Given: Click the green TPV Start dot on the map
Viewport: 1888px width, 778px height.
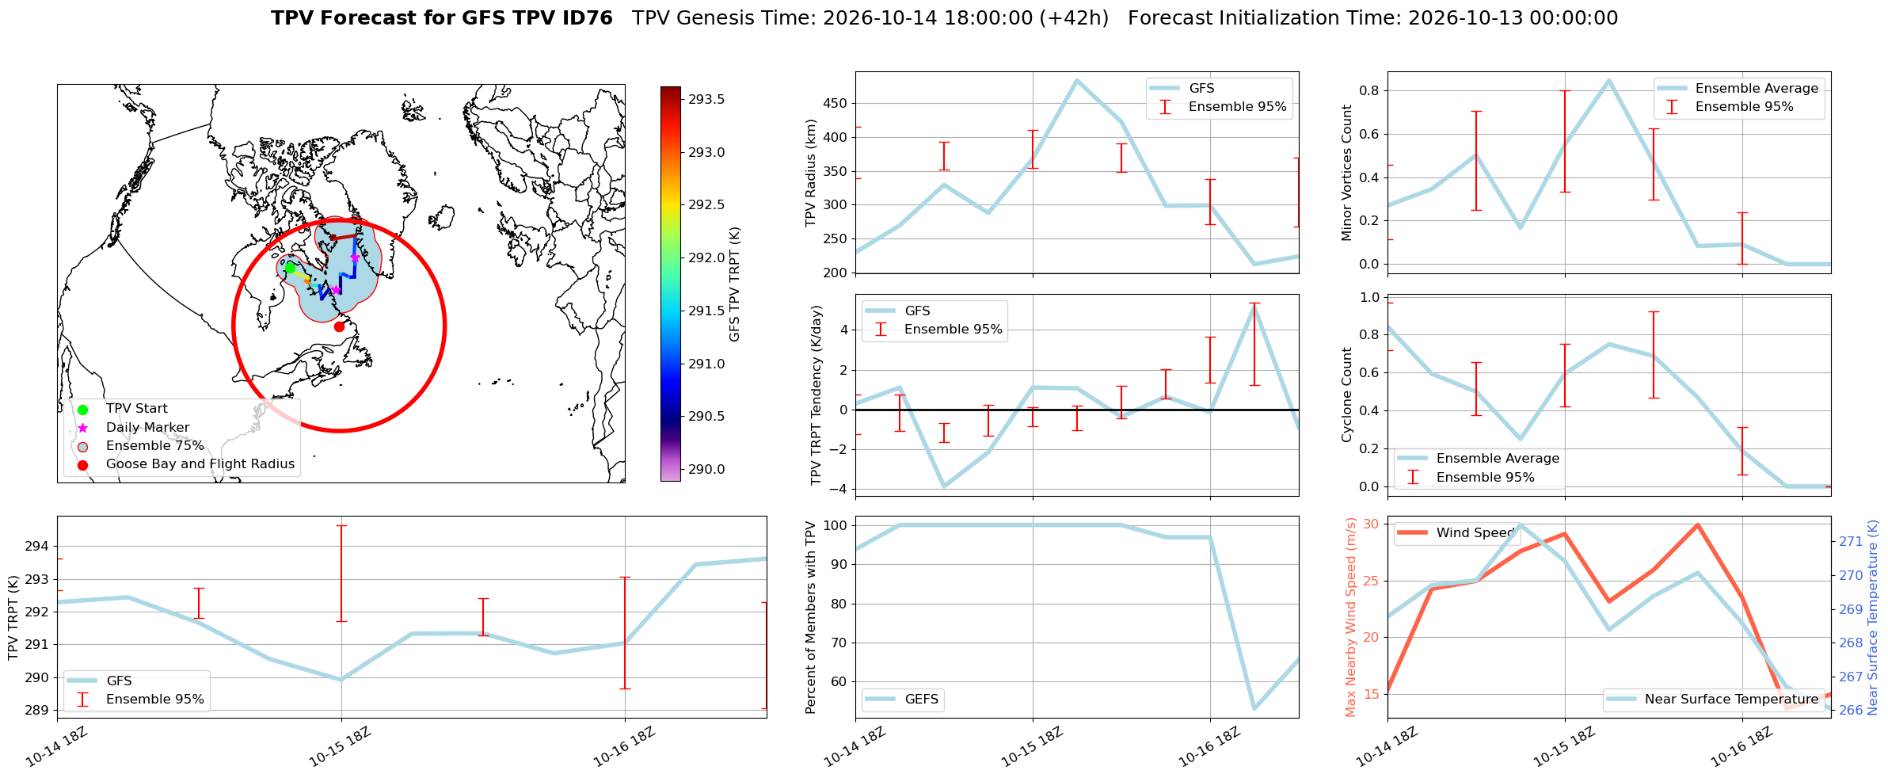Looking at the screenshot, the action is (x=290, y=268).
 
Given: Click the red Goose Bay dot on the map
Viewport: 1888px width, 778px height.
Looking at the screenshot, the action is (x=339, y=326).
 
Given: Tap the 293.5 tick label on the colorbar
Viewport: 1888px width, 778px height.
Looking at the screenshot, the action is (x=706, y=100).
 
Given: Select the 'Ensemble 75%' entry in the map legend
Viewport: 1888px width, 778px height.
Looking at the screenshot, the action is (x=155, y=446).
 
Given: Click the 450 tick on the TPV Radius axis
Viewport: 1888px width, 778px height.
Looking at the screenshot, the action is (x=836, y=104).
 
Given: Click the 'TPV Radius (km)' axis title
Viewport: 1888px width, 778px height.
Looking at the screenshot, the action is (x=811, y=173).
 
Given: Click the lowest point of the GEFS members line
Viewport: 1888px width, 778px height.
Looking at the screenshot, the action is (x=1254, y=708).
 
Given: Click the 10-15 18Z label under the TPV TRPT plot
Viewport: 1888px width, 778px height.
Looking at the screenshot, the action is (x=339, y=747).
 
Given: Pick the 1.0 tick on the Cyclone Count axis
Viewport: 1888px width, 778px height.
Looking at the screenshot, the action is (x=1370, y=298).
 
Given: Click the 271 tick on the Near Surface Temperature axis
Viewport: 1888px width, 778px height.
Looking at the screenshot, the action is (x=1851, y=542).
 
